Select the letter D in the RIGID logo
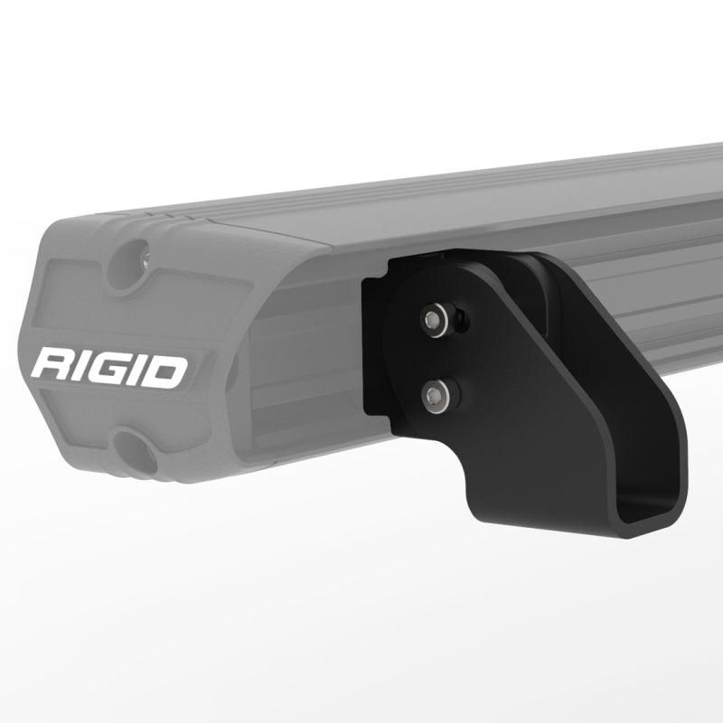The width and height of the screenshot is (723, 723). (x=167, y=371)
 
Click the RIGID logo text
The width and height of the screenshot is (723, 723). (x=109, y=369)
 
